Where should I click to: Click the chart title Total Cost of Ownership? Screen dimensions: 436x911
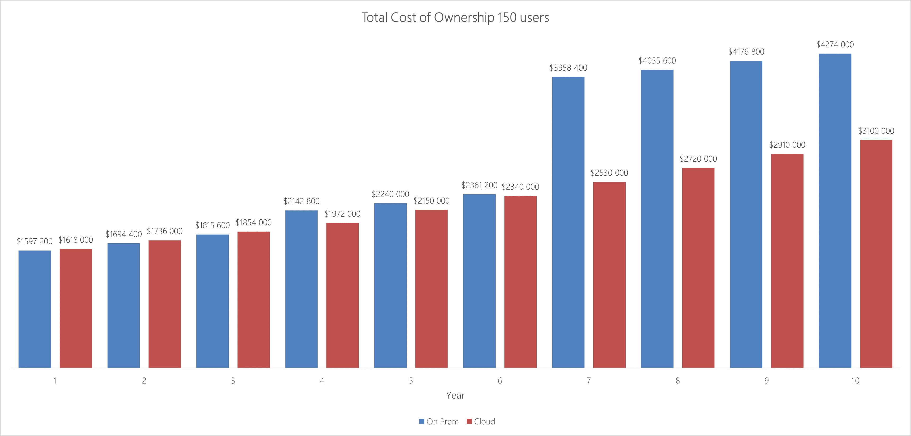[455, 17]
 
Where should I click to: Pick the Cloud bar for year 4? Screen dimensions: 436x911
[342, 295]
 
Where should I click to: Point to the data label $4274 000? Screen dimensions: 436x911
[835, 45]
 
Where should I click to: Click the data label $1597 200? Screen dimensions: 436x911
[35, 241]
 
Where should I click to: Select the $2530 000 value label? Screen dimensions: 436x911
[609, 173]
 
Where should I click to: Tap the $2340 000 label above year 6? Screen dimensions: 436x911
[520, 186]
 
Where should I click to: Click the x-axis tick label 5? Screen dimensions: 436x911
[411, 381]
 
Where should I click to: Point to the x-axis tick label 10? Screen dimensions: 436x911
[855, 381]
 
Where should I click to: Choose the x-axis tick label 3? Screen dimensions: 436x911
[233, 381]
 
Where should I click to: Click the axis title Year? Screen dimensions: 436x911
[455, 395]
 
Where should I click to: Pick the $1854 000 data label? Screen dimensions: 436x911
[254, 223]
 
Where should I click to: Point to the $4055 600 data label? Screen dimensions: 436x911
[657, 61]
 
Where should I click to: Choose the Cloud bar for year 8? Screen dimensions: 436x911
[698, 268]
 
